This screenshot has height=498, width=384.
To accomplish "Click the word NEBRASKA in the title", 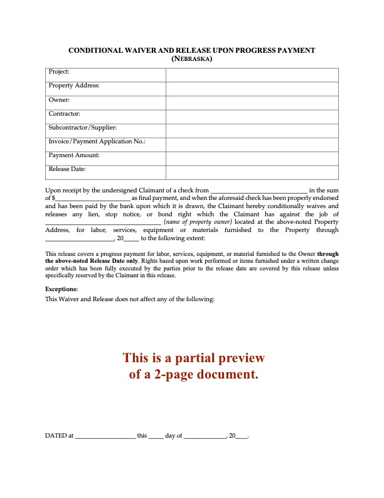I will [x=192, y=59].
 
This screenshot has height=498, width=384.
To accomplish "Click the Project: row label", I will [x=59, y=72].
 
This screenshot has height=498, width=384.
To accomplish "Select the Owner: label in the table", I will [x=59, y=99].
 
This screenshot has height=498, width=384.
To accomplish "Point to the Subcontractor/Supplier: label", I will [x=82, y=127].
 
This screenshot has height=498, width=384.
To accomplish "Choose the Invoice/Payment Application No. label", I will [x=97, y=141].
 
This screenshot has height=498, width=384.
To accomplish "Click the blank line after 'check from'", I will [x=259, y=190].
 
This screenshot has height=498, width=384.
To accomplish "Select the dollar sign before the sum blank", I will [x=53, y=197].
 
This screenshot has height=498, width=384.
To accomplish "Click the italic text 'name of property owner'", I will [x=198, y=222].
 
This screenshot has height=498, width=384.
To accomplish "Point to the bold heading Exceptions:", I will [x=61, y=289].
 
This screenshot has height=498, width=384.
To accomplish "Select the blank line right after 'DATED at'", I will [x=105, y=436].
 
